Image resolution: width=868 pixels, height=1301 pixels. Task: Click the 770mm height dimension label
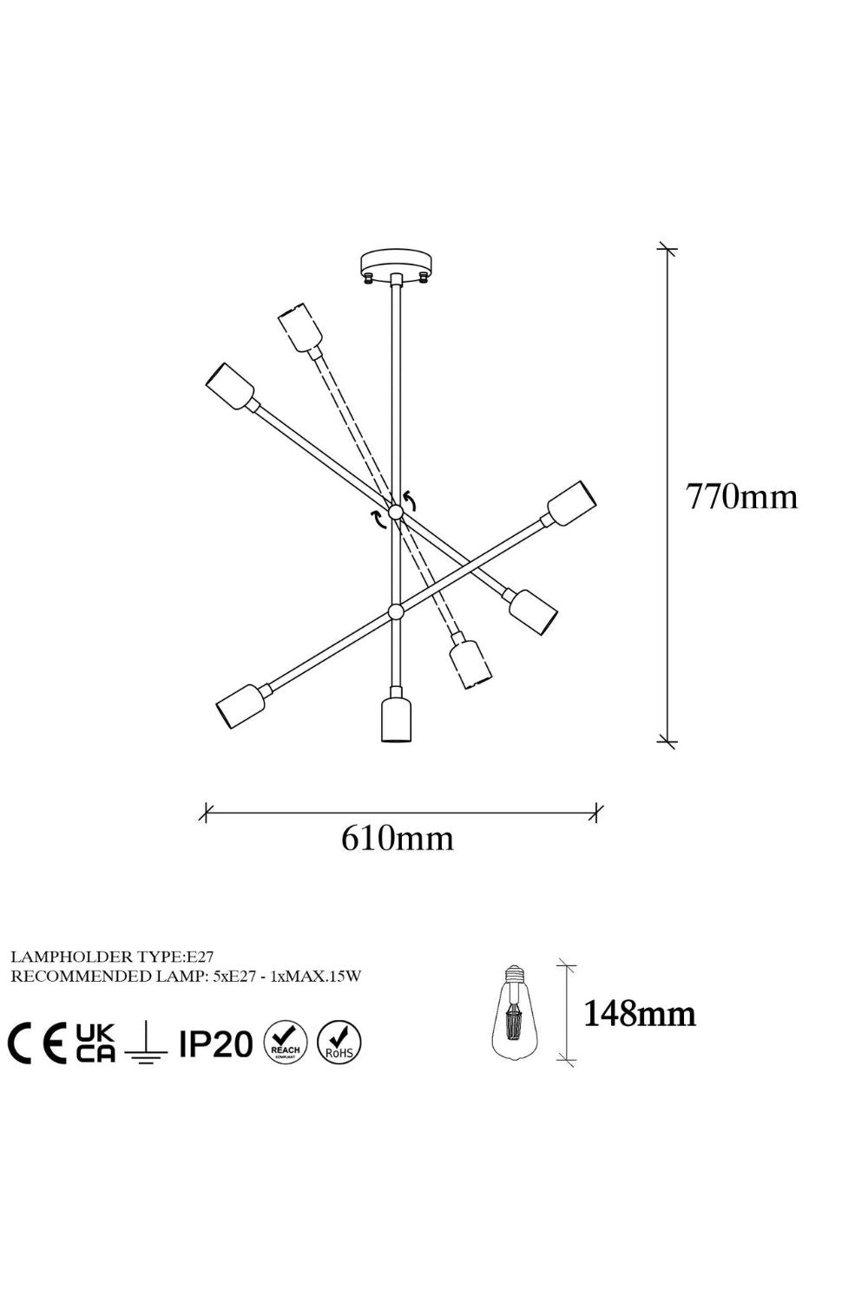[742, 497]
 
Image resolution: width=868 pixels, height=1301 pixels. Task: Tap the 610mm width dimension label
[397, 839]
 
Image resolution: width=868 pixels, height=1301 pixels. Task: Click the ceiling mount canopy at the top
[395, 266]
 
